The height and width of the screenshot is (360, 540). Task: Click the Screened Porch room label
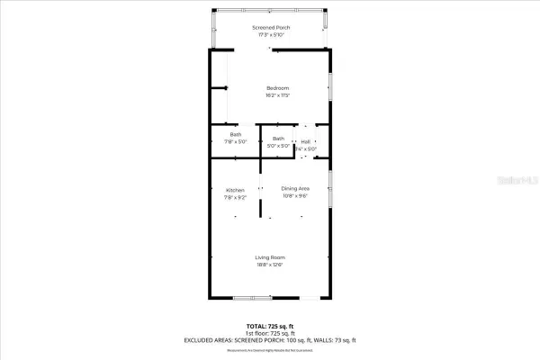(270, 29)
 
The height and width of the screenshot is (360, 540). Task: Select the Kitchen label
(235, 190)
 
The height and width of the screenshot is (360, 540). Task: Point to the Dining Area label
(295, 187)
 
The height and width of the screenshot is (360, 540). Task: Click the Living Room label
(271, 257)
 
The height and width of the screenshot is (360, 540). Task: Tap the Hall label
(306, 141)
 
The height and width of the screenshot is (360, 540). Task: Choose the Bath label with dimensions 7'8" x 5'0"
(235, 135)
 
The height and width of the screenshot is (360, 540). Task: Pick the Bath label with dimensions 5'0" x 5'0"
(279, 139)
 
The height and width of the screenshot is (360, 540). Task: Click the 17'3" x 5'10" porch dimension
(270, 35)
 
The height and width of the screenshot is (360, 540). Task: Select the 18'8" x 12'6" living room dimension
(271, 265)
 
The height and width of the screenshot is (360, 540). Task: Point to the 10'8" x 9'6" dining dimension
(295, 194)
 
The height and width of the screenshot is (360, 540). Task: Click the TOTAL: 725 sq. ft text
(270, 325)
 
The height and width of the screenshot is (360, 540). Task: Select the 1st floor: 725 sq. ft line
(270, 332)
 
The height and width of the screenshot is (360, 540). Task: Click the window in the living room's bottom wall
(251, 298)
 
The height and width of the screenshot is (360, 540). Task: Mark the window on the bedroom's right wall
(330, 94)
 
